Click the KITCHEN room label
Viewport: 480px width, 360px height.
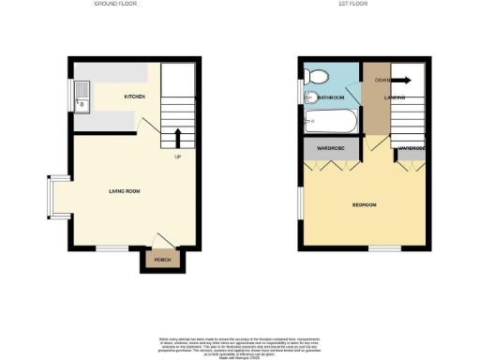point(136,97)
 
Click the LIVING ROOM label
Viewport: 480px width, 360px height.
point(125,191)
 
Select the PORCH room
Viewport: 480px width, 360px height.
point(156,260)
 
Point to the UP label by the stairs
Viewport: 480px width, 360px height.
point(177,157)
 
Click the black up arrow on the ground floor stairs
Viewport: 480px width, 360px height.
point(179,139)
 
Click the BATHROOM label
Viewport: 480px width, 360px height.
point(332,97)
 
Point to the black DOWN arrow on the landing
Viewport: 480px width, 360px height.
point(404,80)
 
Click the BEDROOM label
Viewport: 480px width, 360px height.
point(364,205)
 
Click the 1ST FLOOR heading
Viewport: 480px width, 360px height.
point(352,4)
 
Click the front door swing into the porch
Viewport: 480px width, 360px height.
point(160,241)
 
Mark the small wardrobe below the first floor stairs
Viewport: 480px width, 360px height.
point(413,148)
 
